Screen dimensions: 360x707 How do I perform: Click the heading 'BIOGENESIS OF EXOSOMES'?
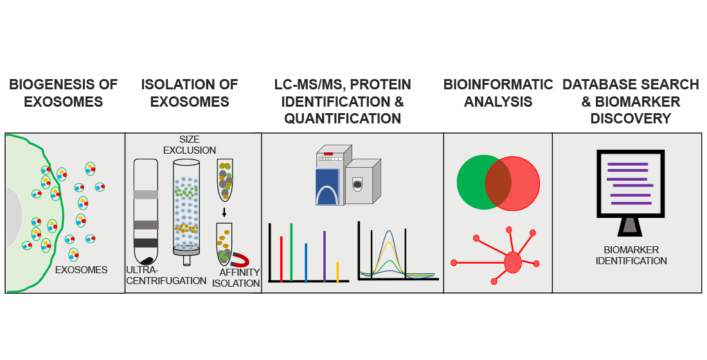coord(63,93)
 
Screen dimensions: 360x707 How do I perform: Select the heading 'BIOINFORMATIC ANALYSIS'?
coord(498,93)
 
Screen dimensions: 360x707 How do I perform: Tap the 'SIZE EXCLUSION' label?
coord(190,145)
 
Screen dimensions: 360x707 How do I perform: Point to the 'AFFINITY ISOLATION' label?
coord(236,278)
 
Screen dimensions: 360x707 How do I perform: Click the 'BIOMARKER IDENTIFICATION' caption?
coord(631,255)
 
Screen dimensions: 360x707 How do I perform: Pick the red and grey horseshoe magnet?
coord(241,258)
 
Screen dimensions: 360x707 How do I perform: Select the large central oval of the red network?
coord(512,262)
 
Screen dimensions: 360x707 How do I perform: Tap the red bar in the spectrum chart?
coord(282,258)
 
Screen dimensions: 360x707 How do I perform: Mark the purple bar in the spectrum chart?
coord(325,256)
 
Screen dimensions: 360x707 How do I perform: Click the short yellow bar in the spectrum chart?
coord(337,271)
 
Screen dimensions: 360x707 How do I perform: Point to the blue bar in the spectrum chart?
coord(306,262)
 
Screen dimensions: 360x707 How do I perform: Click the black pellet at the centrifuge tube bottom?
coord(147,260)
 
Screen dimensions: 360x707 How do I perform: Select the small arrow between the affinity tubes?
coord(224,212)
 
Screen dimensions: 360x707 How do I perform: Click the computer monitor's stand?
coord(631,226)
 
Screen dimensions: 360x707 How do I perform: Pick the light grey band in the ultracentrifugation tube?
coord(145,195)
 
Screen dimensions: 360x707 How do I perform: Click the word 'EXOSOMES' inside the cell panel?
coord(82,270)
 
